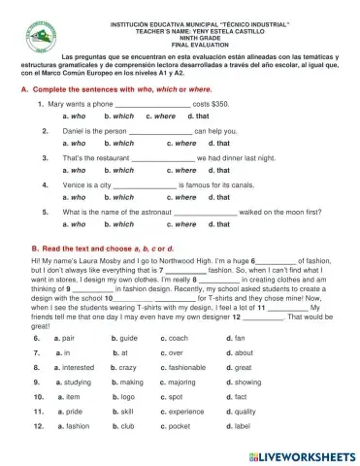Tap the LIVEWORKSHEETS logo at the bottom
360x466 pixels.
(297, 453)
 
